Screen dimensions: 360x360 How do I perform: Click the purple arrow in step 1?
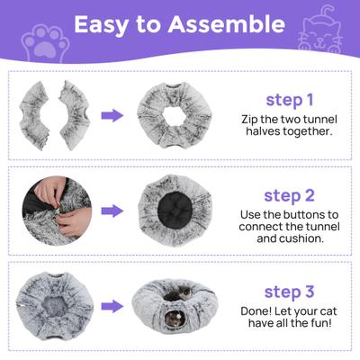112,116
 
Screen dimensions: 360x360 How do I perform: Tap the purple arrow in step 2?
112,211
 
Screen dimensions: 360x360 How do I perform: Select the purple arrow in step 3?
112,306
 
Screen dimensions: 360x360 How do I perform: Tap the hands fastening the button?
45,200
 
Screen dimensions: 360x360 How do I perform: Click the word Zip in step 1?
251,119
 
